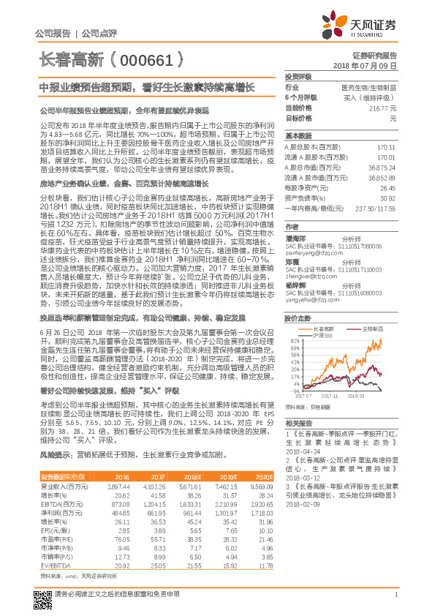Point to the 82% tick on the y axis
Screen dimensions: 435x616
pos(294,320)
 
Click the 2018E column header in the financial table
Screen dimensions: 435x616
pos(187,476)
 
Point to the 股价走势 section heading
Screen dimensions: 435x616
pos(298,298)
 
